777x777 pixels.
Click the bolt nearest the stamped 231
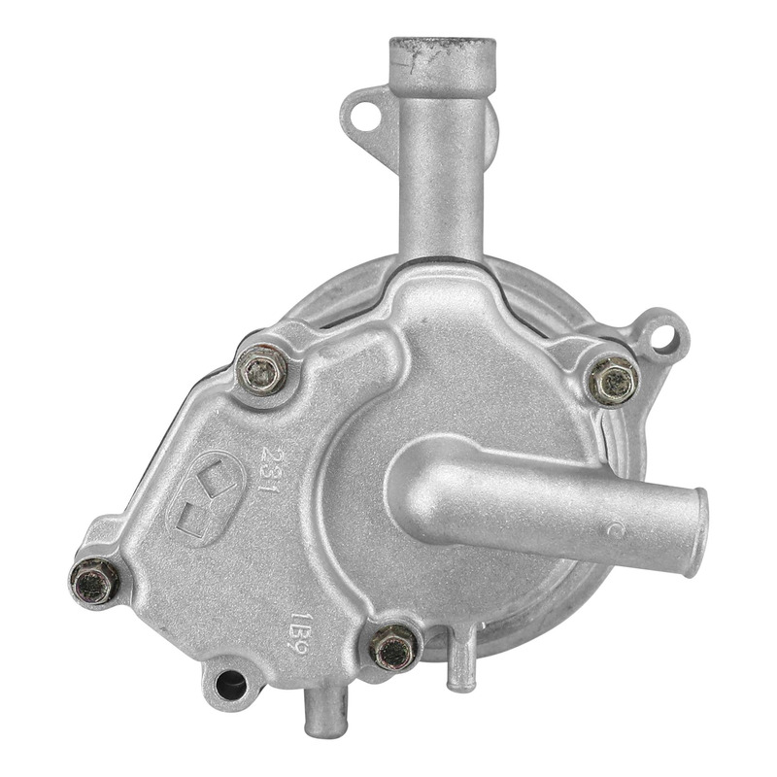pos(262,370)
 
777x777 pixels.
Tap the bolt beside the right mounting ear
pos(614,380)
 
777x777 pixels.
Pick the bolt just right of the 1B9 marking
pos(395,647)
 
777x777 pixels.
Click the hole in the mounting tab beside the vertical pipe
pos(365,115)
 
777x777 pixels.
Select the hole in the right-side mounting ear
pos(663,337)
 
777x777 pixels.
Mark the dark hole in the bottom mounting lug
pos(229,686)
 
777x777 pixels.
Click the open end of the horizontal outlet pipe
pos(697,532)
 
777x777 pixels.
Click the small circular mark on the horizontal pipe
pos(614,530)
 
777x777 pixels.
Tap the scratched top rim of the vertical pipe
pos(442,45)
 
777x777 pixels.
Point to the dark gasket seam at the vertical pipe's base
pos(442,260)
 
